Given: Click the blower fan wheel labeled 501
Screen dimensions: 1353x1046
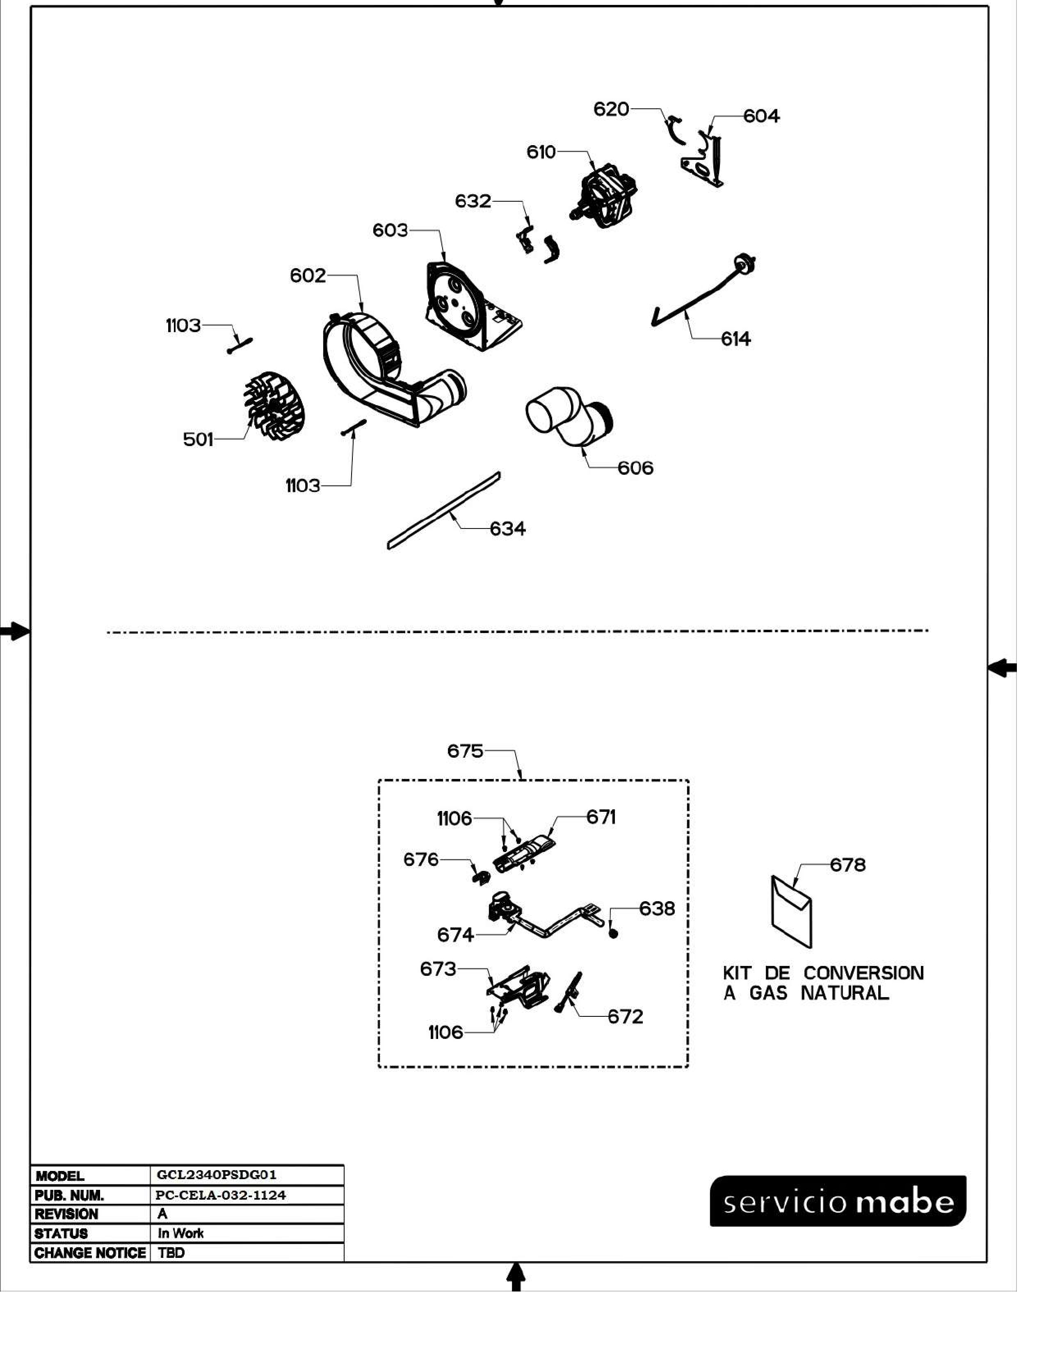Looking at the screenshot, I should [273, 408].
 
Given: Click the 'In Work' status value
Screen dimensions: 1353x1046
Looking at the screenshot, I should [180, 1233].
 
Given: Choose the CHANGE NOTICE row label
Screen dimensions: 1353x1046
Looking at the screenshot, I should [90, 1253].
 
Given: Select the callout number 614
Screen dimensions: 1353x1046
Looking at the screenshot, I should [735, 339].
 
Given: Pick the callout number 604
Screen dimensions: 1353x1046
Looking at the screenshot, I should [762, 116].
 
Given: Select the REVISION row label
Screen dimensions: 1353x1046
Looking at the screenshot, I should [66, 1214].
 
